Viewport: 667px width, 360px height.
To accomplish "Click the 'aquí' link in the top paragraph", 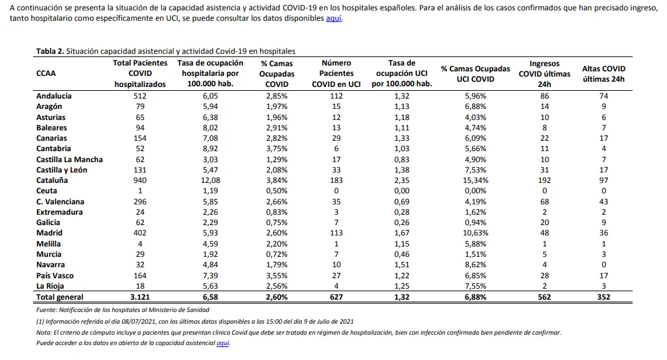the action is click(333, 18).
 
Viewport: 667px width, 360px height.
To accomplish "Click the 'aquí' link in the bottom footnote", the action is click(223, 343).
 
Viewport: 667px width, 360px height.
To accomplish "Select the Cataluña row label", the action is click(52, 180).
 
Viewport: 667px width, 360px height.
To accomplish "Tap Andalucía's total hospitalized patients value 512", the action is click(140, 96).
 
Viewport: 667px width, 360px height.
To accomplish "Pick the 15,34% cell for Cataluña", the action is click(475, 180).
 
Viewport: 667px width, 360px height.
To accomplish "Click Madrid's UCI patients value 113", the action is click(336, 234).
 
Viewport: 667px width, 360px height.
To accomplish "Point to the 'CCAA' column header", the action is click(46, 73).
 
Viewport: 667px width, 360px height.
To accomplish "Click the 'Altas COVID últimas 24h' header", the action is click(603, 73).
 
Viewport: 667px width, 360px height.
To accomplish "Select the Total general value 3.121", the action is click(140, 297).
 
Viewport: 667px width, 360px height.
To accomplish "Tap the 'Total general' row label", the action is click(60, 297).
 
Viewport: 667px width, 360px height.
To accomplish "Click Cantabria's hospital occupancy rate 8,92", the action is click(210, 149).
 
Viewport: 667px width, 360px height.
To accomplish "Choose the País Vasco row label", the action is click(55, 276).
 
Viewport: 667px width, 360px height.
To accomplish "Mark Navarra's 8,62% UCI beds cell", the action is click(475, 265).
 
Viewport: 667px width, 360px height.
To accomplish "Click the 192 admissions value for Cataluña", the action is click(544, 180).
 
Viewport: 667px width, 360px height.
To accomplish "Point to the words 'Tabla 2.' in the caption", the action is click(50, 51).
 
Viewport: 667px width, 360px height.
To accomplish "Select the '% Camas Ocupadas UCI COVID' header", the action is click(475, 73).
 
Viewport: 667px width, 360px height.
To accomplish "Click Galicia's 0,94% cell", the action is click(475, 222).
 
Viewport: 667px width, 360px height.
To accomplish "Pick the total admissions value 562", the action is click(544, 297).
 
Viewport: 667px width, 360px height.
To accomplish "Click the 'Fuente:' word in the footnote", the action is click(47, 310).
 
